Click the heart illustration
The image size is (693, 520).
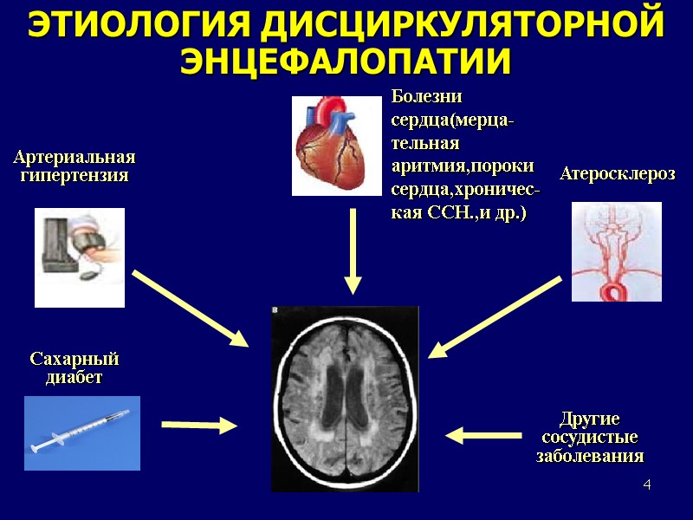pos(336,145)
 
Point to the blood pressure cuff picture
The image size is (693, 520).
pos(80,257)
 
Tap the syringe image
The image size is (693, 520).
pos(81,433)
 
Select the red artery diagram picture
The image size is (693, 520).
pos(617,251)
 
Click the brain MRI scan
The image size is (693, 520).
pos(345,399)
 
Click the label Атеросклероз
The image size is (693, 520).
pos(618,174)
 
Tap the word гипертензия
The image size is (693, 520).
pos(74,176)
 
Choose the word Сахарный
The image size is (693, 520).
pos(74,359)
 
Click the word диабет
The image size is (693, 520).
pos(74,378)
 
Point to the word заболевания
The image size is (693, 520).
pos(590,457)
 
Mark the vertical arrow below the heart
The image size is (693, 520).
pos(353,251)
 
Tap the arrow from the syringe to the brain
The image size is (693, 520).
pos(199,425)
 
